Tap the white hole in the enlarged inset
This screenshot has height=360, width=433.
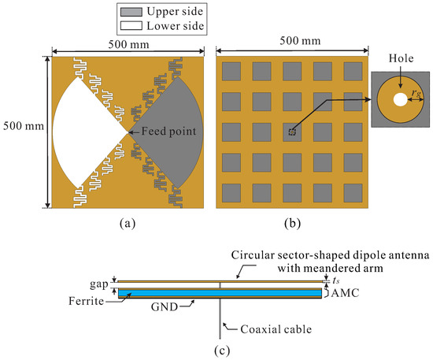[x=401, y=100]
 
